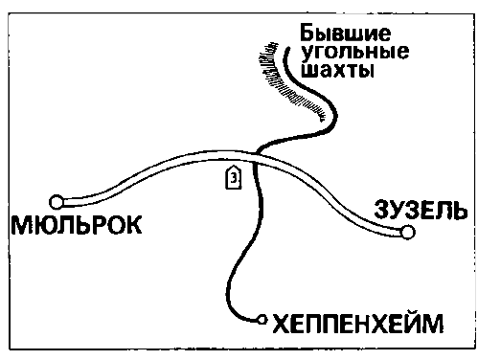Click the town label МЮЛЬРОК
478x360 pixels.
click(76, 226)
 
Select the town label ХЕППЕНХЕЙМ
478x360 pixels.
click(359, 324)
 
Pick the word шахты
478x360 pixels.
click(334, 72)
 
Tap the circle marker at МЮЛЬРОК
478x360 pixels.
click(57, 201)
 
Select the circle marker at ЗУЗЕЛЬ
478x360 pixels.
click(408, 232)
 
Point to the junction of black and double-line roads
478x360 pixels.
click(257, 153)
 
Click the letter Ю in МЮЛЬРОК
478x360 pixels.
click(50, 226)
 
